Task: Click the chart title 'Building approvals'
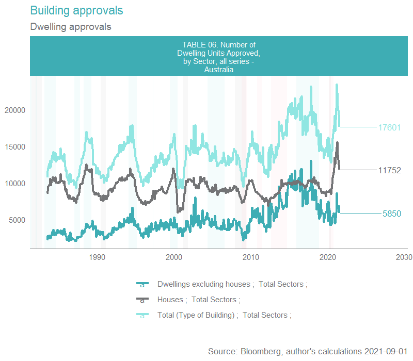point(77,10)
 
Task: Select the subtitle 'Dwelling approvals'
point(71,26)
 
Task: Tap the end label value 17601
point(389,127)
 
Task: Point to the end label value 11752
point(389,170)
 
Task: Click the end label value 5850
point(392,214)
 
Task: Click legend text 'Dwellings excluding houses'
point(204,284)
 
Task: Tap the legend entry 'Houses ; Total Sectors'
point(199,300)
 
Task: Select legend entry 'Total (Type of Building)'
point(197,315)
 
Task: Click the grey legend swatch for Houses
point(142,300)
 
